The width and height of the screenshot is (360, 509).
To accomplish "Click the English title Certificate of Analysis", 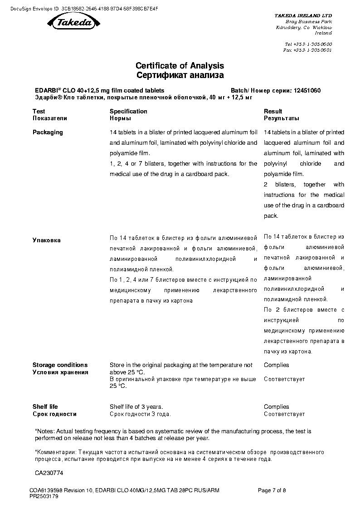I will pyautogui.click(x=180, y=66).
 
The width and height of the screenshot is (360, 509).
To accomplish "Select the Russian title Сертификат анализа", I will pyautogui.click(x=180, y=75).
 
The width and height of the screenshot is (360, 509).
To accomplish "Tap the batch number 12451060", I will pyautogui.click(x=306, y=90).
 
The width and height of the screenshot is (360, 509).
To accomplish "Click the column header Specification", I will pyautogui.click(x=128, y=111).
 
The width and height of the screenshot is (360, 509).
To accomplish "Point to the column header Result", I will pyautogui.click(x=273, y=111).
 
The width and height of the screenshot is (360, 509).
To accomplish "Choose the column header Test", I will pyautogui.click(x=39, y=111).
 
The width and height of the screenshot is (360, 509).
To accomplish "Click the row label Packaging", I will pyautogui.click(x=48, y=132).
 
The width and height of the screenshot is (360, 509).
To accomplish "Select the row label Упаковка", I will pyautogui.click(x=46, y=240).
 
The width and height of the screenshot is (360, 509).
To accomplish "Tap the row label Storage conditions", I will pyautogui.click(x=60, y=365).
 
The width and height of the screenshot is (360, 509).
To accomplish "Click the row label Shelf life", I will pyautogui.click(x=45, y=407).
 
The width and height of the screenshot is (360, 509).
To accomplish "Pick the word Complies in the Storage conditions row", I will pyautogui.click(x=276, y=365).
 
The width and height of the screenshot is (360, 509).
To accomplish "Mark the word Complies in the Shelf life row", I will pyautogui.click(x=276, y=407).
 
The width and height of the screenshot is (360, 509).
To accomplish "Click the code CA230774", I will pyautogui.click(x=49, y=473).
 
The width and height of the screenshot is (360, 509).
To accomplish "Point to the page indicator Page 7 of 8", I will pyautogui.click(x=272, y=490).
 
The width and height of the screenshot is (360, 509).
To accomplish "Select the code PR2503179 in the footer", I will pyautogui.click(x=44, y=496).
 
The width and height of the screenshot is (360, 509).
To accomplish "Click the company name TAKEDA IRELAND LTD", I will pyautogui.click(x=303, y=15).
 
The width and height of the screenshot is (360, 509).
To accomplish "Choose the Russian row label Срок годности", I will pyautogui.click(x=54, y=414).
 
